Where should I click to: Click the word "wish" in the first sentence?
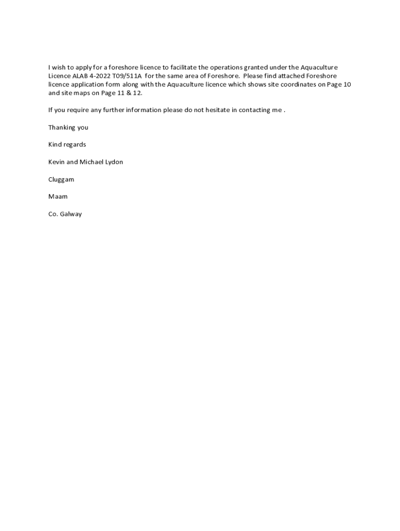pyautogui.click(x=59, y=67)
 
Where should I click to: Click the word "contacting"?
pyautogui.click(x=255, y=110)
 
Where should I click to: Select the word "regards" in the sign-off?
pyautogui.click(x=74, y=145)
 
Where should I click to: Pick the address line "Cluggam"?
pyautogui.click(x=61, y=179)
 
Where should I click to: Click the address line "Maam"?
pyautogui.click(x=58, y=197)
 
